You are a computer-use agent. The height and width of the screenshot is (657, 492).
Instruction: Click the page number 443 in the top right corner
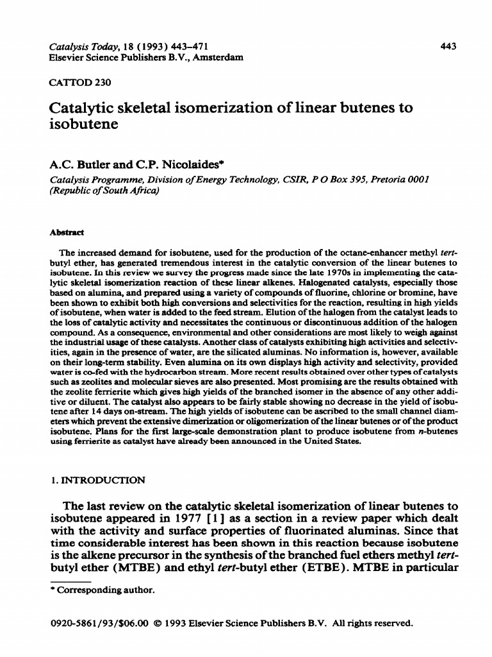448,46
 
